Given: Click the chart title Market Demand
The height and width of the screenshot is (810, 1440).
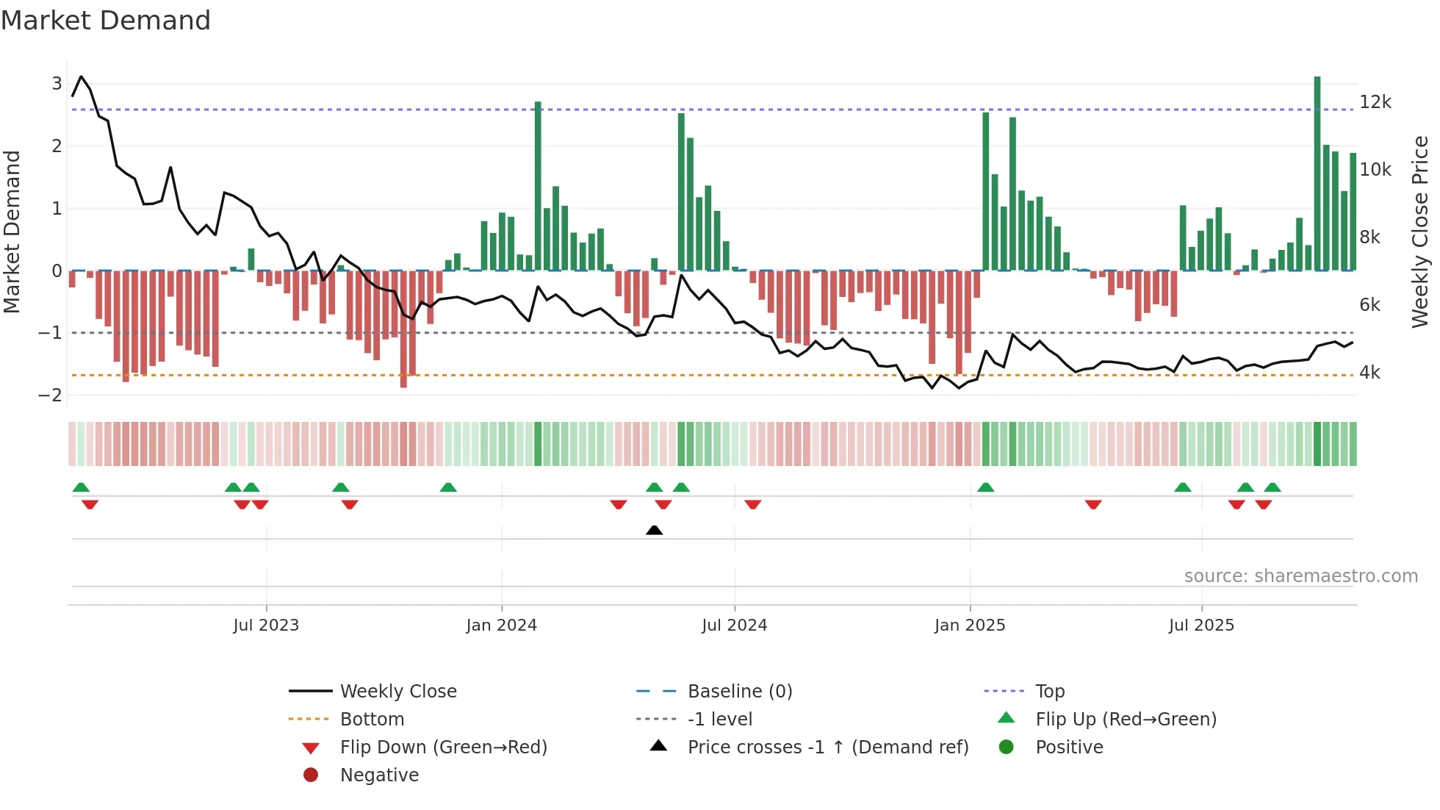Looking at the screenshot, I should click(x=106, y=21).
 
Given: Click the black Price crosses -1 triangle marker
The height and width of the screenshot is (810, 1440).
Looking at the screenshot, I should click(x=654, y=530).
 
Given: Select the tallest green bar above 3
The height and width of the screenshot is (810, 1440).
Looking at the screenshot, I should click(x=1317, y=173).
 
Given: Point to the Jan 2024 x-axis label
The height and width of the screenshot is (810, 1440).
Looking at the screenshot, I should click(x=502, y=626).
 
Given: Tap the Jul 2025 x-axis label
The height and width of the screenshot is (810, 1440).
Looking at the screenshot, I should click(x=1201, y=626).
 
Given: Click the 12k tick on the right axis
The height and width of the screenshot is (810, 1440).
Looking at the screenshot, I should click(x=1375, y=102).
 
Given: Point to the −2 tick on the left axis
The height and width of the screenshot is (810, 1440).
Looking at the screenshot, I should click(x=51, y=395).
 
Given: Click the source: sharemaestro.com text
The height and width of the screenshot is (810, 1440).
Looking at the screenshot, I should click(x=1300, y=576).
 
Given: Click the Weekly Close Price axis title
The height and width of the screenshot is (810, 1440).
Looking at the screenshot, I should click(x=1420, y=232).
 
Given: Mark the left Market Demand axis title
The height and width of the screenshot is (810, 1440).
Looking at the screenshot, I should click(x=12, y=232).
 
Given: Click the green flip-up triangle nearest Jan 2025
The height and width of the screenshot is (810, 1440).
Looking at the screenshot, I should click(x=986, y=487).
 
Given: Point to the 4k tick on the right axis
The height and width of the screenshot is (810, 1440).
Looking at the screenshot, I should click(x=1369, y=373).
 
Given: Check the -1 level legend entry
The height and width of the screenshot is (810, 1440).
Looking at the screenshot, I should click(x=719, y=720).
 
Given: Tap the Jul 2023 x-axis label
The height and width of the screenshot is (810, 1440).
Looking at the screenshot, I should click(x=266, y=626).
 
